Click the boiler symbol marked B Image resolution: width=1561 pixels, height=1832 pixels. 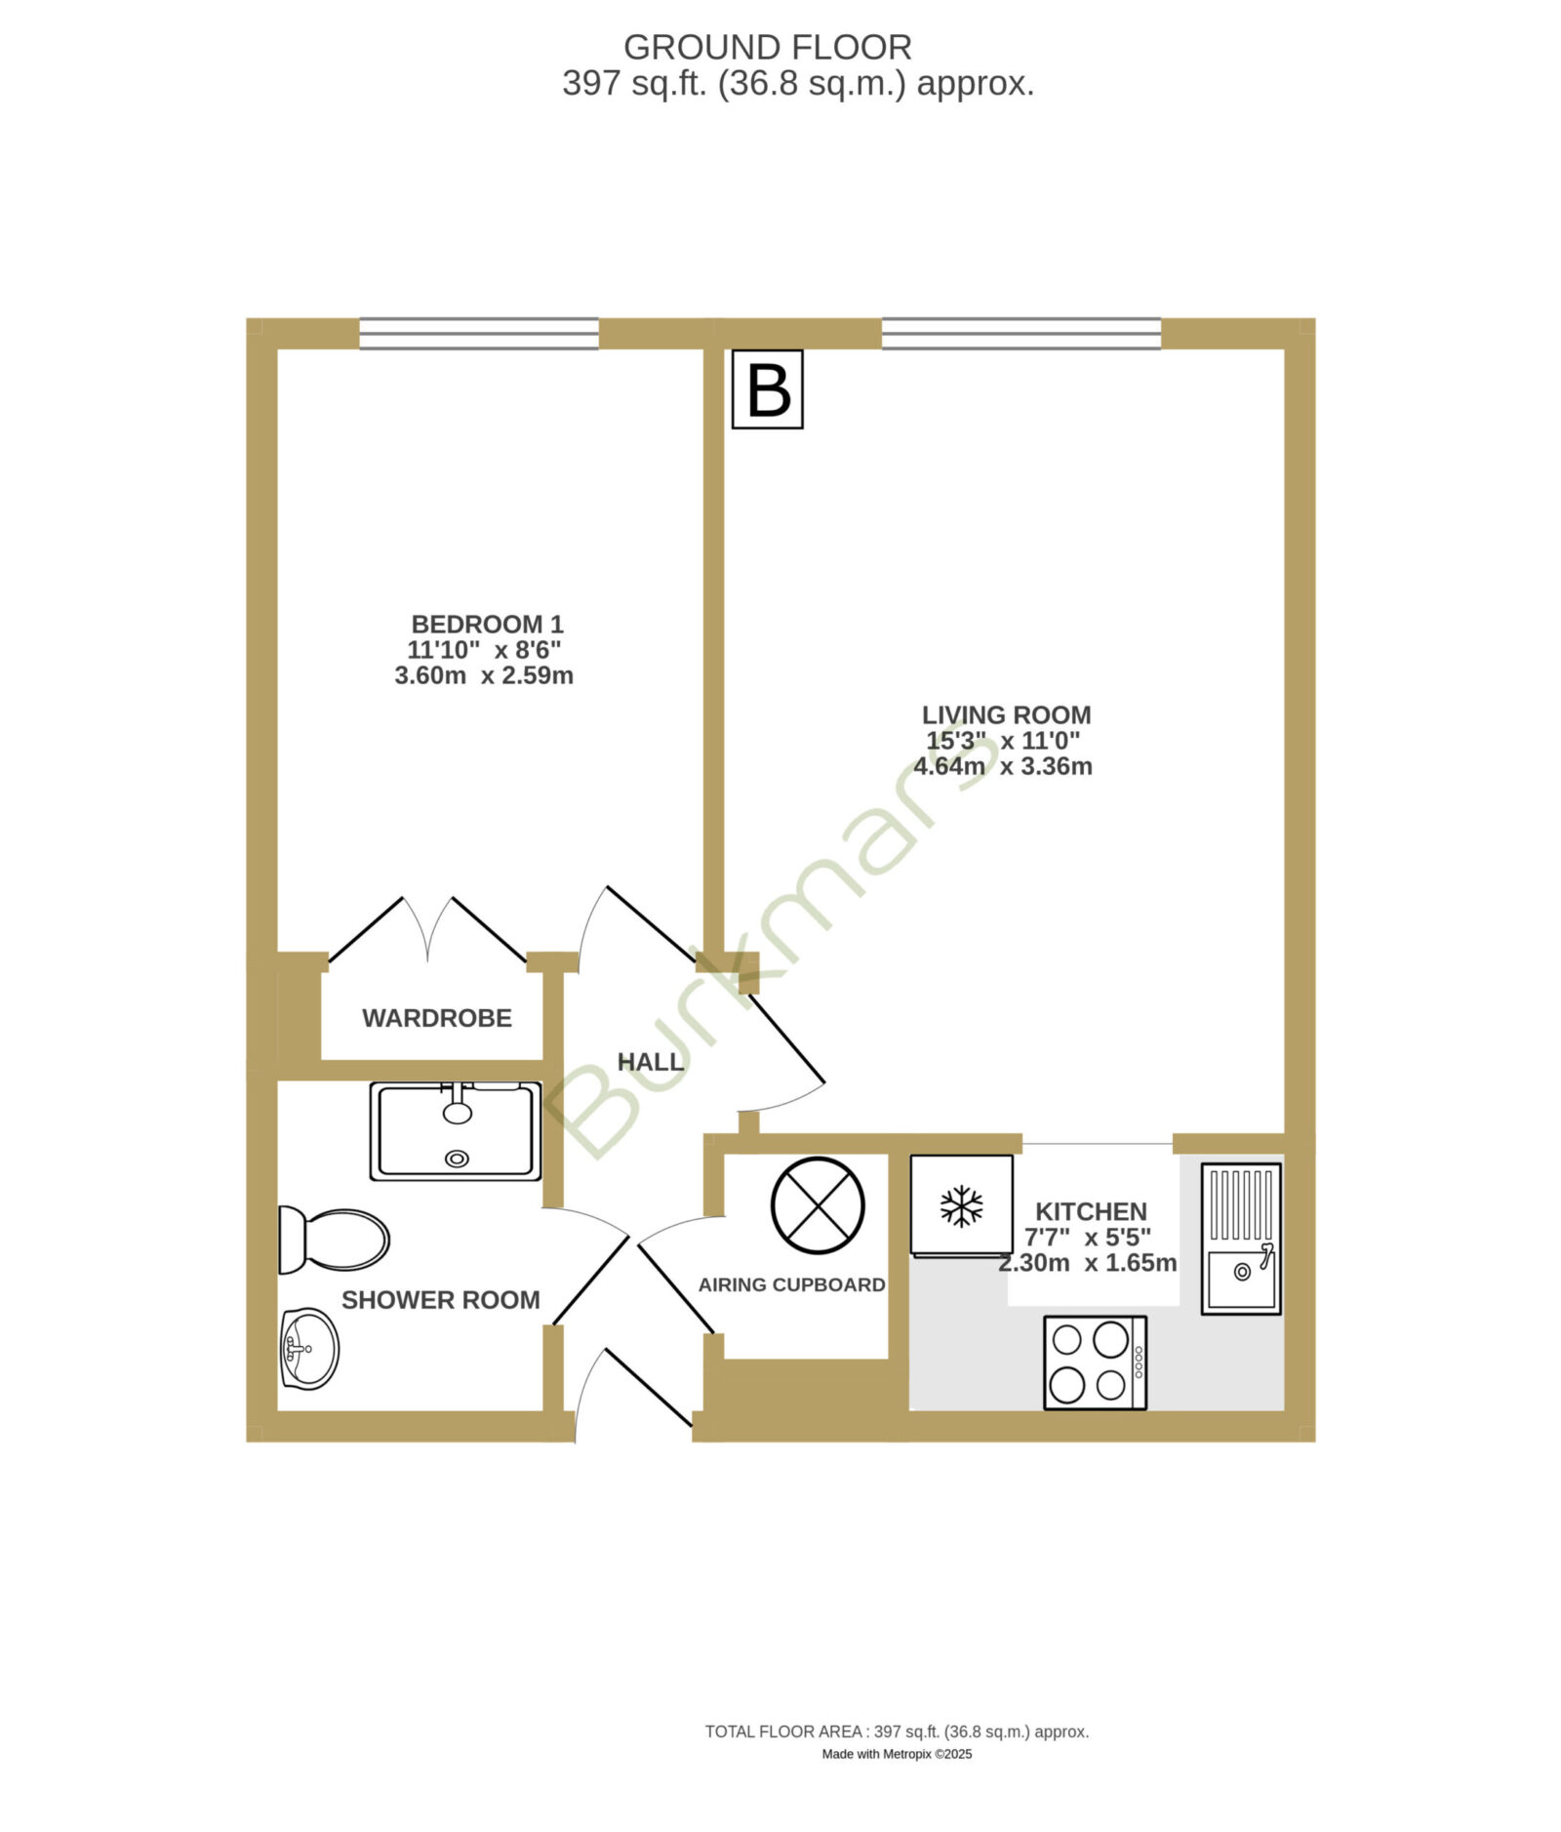coord(767,388)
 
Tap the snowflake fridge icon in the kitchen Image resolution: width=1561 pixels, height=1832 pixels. coord(961,1205)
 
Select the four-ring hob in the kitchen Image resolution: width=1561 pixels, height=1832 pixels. coord(1095,1363)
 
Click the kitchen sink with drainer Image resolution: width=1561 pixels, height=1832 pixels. coord(1240,1238)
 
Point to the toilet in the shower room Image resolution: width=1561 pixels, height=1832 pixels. coord(334,1240)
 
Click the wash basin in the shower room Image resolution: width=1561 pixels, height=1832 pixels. coord(309,1348)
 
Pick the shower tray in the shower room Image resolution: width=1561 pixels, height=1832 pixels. coord(456,1130)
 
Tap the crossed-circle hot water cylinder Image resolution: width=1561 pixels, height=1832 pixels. coord(818,1205)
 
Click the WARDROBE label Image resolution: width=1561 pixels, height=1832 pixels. coord(437,1018)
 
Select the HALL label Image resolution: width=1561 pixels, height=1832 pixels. coord(650,1062)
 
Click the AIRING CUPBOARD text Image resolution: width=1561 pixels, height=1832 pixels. coord(791,1284)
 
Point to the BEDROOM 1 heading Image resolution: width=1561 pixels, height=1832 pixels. coord(487,624)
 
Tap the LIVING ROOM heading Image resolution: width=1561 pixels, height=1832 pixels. coord(1006,714)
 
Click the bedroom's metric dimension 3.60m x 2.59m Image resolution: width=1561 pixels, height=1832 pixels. coord(484,675)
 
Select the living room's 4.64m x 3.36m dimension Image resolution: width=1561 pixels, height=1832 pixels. coord(1003,766)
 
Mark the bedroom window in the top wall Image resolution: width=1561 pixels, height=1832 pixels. coord(479,333)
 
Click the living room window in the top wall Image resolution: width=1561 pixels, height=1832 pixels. coord(1021,333)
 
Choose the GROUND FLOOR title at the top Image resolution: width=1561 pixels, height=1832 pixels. coord(767,47)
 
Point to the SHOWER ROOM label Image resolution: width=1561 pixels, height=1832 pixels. coord(440,1300)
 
